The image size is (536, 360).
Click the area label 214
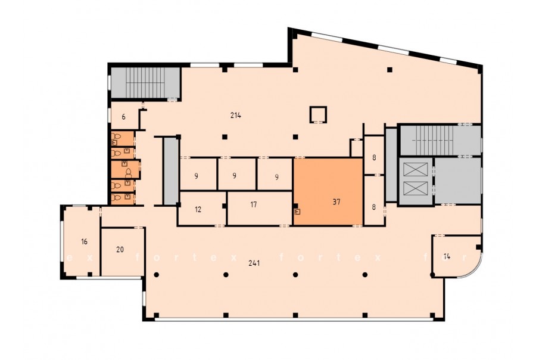235,115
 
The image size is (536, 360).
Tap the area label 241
254,263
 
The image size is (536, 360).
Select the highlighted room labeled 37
328,192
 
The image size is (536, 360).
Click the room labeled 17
260,208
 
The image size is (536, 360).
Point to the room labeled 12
201,209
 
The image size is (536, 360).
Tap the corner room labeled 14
454,256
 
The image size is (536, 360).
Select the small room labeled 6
124,117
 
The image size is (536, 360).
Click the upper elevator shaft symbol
416,169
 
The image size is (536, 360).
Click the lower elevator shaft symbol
416,188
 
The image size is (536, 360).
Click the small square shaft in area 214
318,114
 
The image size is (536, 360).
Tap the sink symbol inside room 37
297,212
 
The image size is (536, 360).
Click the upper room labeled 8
373,155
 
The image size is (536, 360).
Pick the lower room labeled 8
373,200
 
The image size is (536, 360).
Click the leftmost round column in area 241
156,274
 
